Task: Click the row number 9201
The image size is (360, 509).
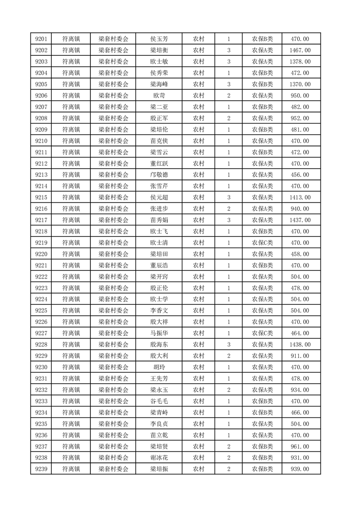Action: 41,39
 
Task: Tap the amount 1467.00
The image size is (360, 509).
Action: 300,50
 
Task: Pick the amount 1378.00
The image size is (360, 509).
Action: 300,62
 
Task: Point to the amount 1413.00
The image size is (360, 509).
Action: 300,197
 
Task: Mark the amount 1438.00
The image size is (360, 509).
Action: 300,345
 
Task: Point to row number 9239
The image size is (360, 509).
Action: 41,469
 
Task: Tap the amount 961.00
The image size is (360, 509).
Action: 300,446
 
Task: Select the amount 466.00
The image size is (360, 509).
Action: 300,412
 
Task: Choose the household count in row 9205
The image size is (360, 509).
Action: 228,84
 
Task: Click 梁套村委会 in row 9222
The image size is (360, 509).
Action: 113,277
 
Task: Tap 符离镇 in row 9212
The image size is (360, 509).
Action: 71,163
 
